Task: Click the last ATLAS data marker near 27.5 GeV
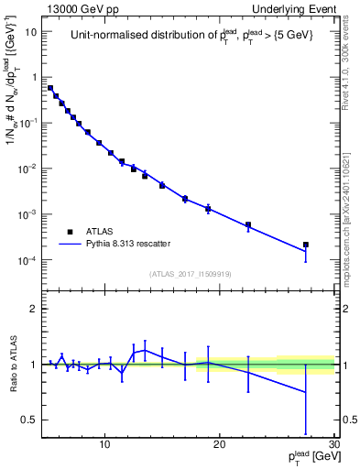tap(306, 245)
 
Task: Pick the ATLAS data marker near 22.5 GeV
tap(248, 224)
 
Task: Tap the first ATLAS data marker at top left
tap(50, 88)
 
